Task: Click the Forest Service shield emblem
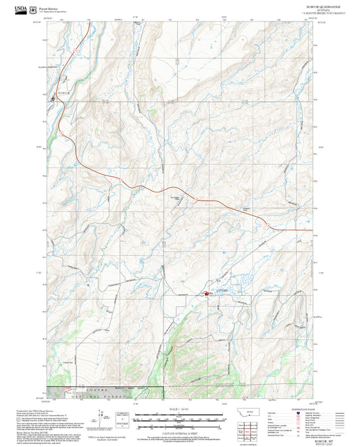click(x=32, y=9)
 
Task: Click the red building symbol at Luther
click(x=207, y=294)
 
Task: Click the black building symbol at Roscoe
click(x=54, y=99)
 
